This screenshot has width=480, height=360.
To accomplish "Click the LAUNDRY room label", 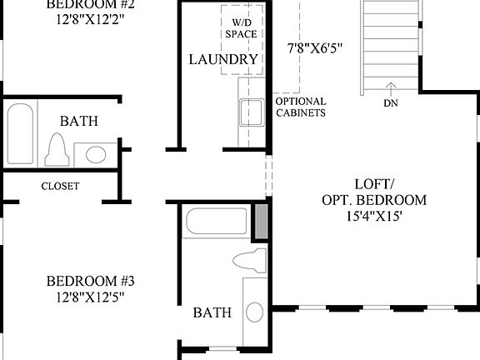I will click(x=222, y=59).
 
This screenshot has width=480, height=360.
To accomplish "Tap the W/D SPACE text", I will click(x=242, y=28).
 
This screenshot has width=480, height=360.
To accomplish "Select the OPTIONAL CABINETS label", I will click(x=300, y=107).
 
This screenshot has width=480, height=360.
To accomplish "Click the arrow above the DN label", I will click(x=391, y=87).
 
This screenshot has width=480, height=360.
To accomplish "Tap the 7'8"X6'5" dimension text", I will click(x=314, y=48).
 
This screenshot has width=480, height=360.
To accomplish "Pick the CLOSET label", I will click(x=60, y=186).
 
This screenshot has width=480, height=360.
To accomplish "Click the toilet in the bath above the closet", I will click(x=57, y=148).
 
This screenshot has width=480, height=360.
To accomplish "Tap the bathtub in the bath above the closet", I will click(x=20, y=133).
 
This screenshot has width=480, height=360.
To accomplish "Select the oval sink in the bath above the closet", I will click(x=96, y=155).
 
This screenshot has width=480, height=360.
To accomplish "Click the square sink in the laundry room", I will click(x=250, y=112).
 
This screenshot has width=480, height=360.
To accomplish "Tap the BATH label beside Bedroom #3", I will click(x=212, y=313).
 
